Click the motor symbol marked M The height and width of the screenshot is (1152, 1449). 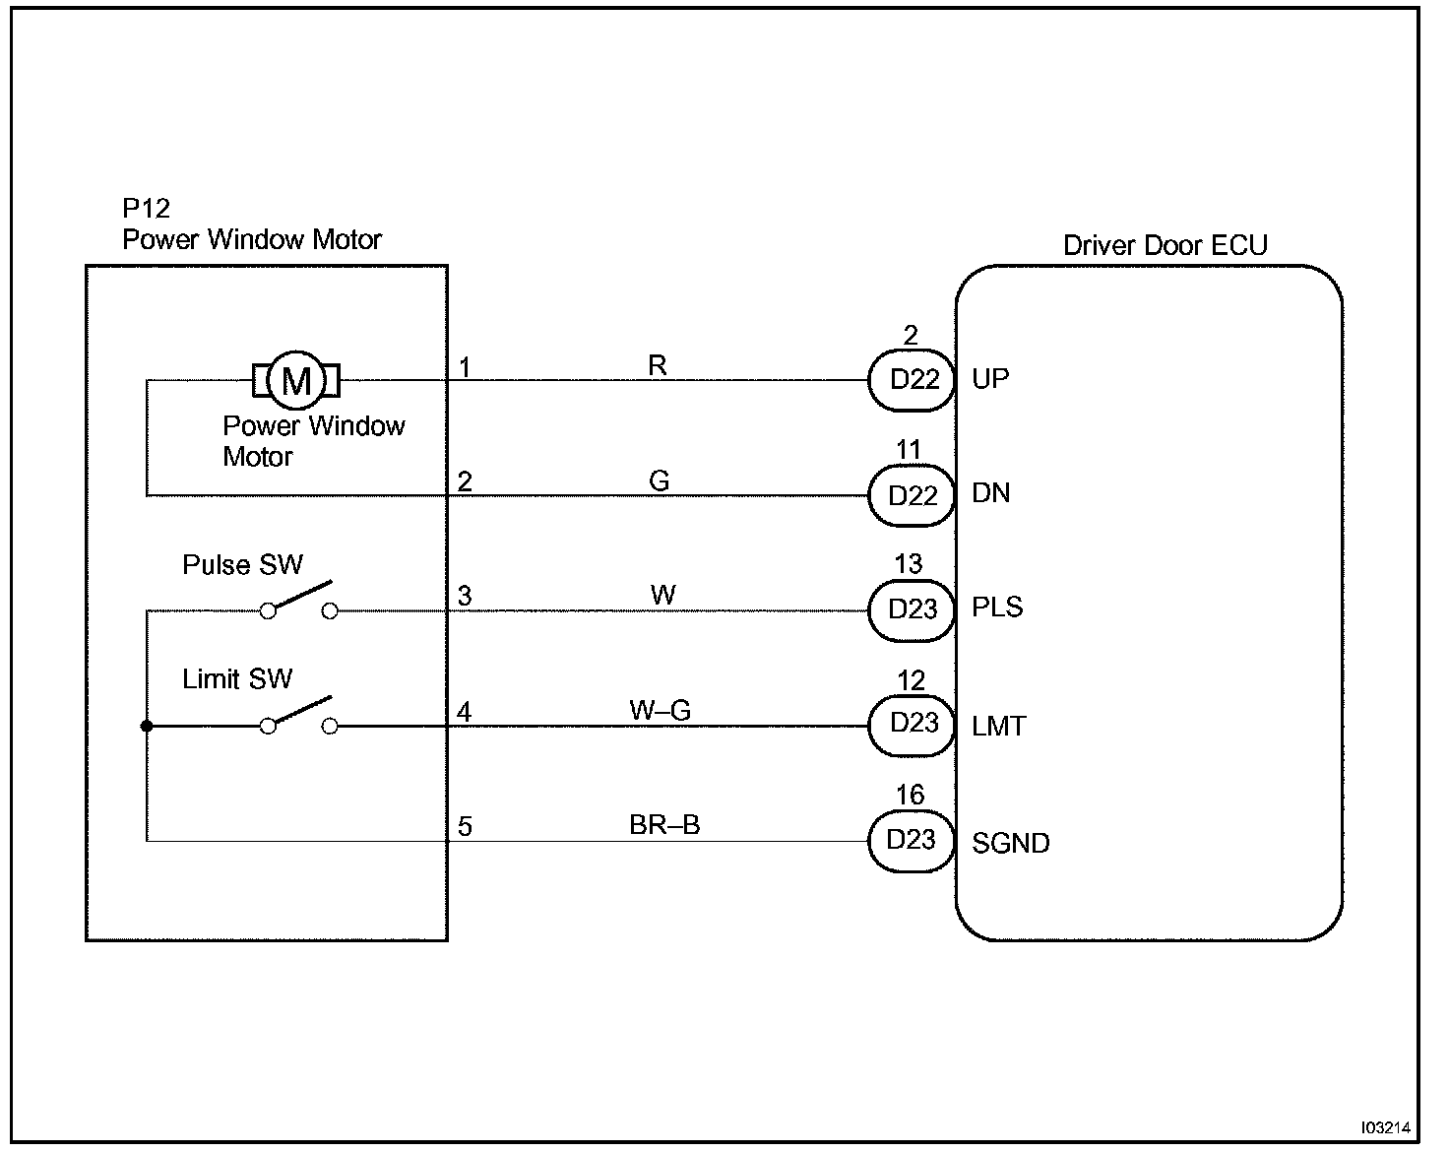click(x=296, y=380)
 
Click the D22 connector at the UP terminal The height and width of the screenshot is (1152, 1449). click(x=913, y=380)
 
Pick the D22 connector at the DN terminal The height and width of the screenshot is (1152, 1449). click(x=912, y=495)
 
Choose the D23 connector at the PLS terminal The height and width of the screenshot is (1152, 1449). click(x=912, y=609)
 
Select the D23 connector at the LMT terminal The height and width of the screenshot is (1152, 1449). click(x=912, y=725)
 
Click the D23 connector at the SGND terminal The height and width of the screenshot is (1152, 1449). click(x=912, y=840)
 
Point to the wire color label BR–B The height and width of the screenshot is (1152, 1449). click(x=664, y=825)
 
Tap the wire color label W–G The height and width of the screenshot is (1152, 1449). click(x=661, y=710)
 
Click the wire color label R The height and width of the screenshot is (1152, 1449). click(x=658, y=366)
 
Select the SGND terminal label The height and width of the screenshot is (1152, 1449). click(x=1010, y=844)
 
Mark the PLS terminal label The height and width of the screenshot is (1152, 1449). click(x=997, y=608)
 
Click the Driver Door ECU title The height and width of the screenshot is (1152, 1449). click(x=1165, y=245)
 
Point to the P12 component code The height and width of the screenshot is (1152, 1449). click(x=147, y=209)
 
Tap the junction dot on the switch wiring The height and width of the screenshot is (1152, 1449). click(x=147, y=727)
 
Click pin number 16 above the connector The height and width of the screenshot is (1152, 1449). click(x=911, y=795)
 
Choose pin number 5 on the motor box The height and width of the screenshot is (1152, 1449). click(x=465, y=827)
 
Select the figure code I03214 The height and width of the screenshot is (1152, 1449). click(x=1386, y=1127)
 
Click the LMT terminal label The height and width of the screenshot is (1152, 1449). click(x=998, y=727)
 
